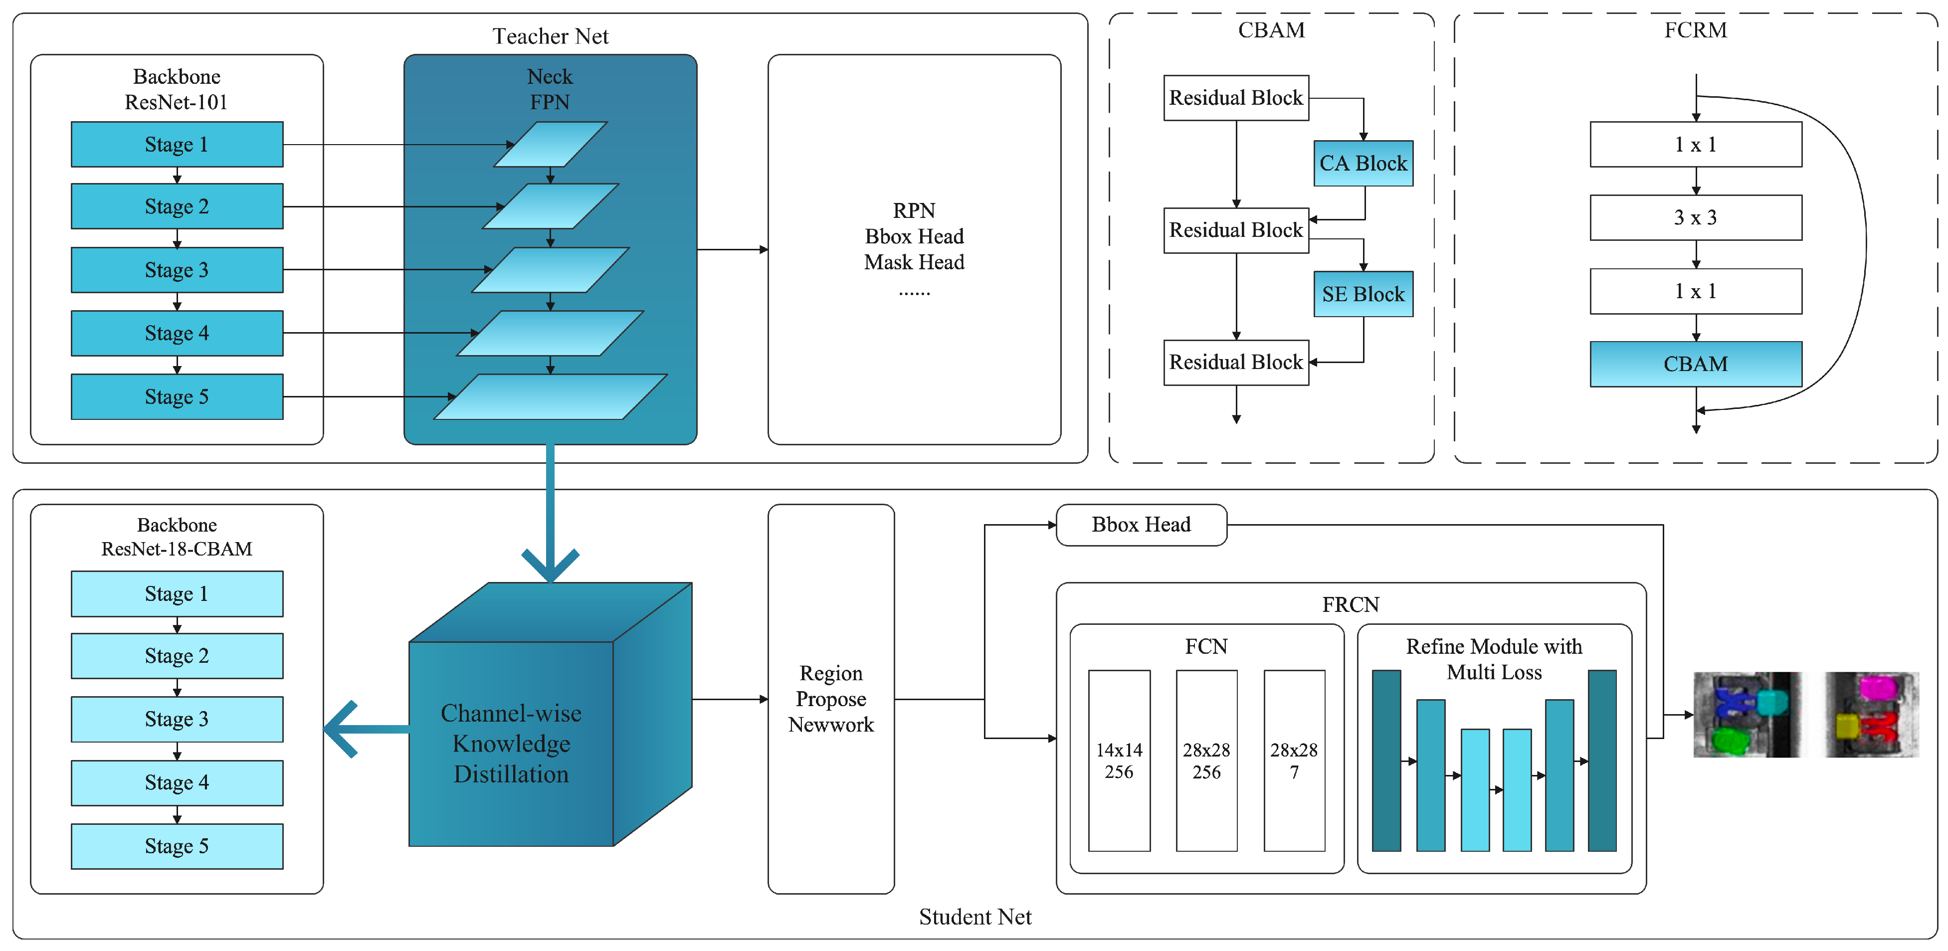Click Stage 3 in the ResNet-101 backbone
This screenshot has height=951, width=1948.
[177, 270]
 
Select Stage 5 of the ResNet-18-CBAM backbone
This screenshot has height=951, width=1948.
[177, 846]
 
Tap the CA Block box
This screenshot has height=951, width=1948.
[1363, 163]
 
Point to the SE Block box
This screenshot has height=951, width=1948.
[1363, 294]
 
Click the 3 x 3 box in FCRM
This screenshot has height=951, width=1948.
[1696, 218]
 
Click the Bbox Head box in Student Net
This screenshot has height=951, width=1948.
[1141, 525]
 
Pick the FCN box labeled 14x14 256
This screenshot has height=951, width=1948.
[1119, 761]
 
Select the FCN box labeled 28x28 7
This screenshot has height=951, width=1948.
[1294, 761]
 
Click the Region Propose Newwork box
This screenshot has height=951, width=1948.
[830, 699]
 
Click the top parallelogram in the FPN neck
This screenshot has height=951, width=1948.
[551, 145]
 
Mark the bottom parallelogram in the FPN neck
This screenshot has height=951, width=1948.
[551, 397]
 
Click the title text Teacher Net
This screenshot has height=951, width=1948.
[551, 36]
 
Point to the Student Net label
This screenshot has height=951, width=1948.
[975, 917]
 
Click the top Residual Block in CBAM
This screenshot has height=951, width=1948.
[1236, 98]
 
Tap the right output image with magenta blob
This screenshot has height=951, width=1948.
[1872, 715]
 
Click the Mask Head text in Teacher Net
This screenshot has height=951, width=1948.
[914, 262]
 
